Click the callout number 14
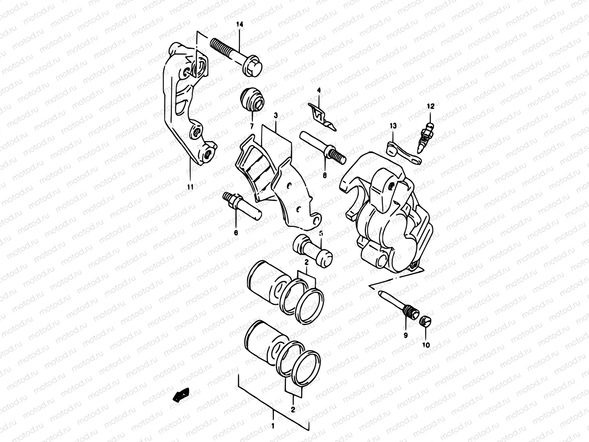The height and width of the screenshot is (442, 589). (x=240, y=24)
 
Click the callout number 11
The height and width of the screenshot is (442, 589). (x=190, y=187)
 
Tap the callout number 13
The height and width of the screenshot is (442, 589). (x=393, y=126)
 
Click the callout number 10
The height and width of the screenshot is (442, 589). (x=426, y=345)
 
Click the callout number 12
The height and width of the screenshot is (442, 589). (x=431, y=106)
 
